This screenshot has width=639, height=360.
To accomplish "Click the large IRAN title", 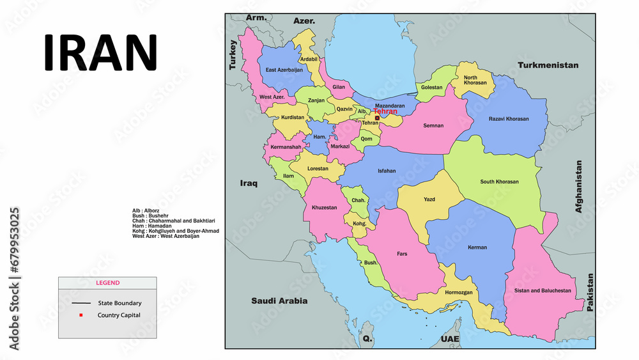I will click(x=100, y=52).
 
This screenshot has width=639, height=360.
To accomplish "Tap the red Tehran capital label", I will click(x=385, y=111).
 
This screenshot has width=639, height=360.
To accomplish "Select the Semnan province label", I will click(x=433, y=126).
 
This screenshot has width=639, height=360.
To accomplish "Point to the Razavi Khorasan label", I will click(x=509, y=120).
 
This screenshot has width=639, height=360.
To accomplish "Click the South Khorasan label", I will click(x=499, y=182).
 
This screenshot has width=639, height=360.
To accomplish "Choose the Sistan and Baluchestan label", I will click(x=543, y=290).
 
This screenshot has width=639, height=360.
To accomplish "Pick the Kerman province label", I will click(x=477, y=247).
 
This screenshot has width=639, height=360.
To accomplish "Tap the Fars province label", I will click(x=402, y=254).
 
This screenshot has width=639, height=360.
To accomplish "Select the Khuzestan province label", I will click(x=324, y=208).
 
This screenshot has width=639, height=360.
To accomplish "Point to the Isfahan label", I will click(x=387, y=171).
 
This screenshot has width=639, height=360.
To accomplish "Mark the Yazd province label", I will click(x=429, y=200).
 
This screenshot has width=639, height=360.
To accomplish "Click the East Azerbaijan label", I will click(x=284, y=70).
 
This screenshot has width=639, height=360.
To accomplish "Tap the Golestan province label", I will click(x=432, y=87).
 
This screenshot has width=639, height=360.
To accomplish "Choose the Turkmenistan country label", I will click(x=548, y=65).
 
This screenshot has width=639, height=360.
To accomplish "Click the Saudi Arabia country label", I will click(x=279, y=301).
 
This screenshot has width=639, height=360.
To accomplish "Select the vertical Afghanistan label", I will click(x=579, y=186).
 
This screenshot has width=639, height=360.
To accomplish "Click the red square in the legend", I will click(x=81, y=315).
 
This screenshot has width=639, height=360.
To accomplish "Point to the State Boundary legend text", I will click(x=119, y=303).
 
